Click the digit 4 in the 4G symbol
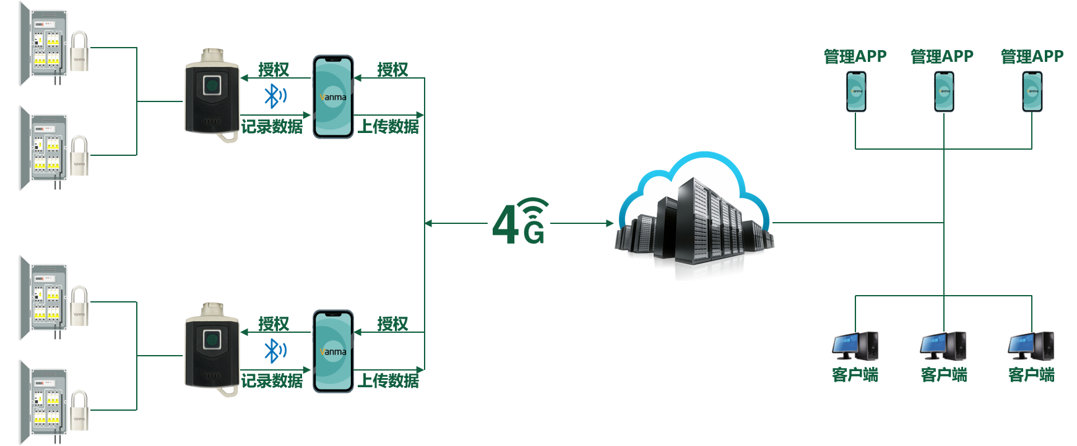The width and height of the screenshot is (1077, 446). point(506,224)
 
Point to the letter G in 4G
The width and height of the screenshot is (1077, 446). point(534,233)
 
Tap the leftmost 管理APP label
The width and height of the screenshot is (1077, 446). point(855,56)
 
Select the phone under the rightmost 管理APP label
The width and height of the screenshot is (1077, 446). point(1032,92)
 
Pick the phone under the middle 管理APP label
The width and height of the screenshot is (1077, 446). point(944,92)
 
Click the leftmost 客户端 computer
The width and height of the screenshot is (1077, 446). point(855,346)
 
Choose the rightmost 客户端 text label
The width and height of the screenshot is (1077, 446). point(1031,374)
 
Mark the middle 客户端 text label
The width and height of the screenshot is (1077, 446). point(944,374)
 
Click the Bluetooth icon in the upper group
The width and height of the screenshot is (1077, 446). point(274,96)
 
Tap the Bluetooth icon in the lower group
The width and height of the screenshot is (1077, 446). point(274,351)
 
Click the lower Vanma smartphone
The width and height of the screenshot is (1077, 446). point(333,351)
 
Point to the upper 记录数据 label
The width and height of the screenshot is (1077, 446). point(272,126)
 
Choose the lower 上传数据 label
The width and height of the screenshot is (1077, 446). point(388,380)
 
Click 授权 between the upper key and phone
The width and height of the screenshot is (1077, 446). point(274,69)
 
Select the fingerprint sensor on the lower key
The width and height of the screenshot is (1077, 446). point(212,339)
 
